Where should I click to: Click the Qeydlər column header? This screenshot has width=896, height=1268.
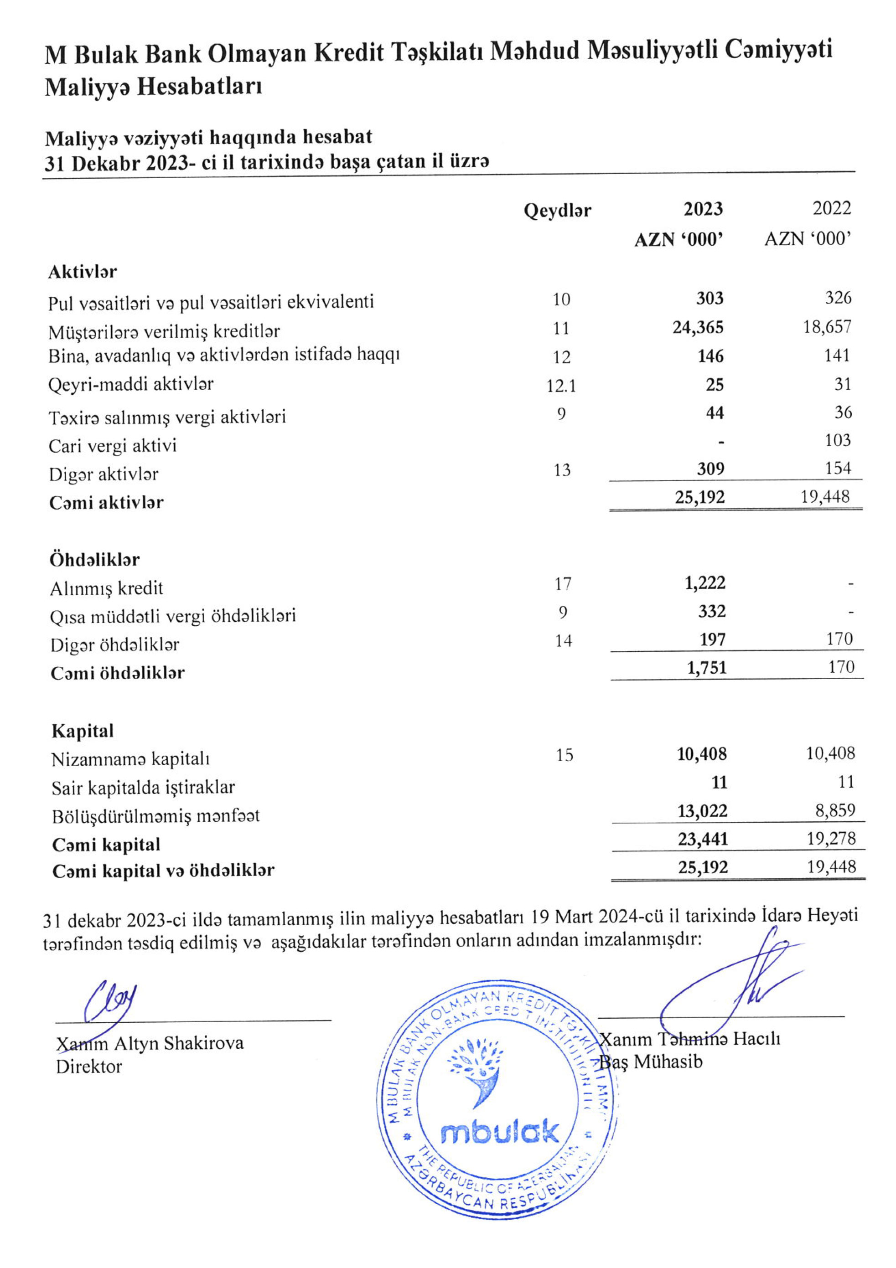click(x=557, y=211)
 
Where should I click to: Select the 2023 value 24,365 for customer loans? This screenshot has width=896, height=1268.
click(x=697, y=328)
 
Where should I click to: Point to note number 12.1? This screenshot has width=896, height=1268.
click(x=561, y=386)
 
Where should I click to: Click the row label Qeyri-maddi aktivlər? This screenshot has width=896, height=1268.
click(x=130, y=384)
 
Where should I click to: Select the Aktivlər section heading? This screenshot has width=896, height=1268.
click(x=83, y=272)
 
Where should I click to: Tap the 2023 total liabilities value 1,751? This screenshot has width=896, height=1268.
click(x=706, y=668)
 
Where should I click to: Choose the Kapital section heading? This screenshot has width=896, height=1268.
click(x=83, y=731)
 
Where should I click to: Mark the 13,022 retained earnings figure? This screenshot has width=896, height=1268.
click(x=702, y=811)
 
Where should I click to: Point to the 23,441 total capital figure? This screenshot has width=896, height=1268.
click(x=703, y=839)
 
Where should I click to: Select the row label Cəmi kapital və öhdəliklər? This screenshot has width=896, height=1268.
click(x=163, y=871)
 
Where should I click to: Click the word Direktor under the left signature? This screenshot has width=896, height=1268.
click(x=89, y=1067)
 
